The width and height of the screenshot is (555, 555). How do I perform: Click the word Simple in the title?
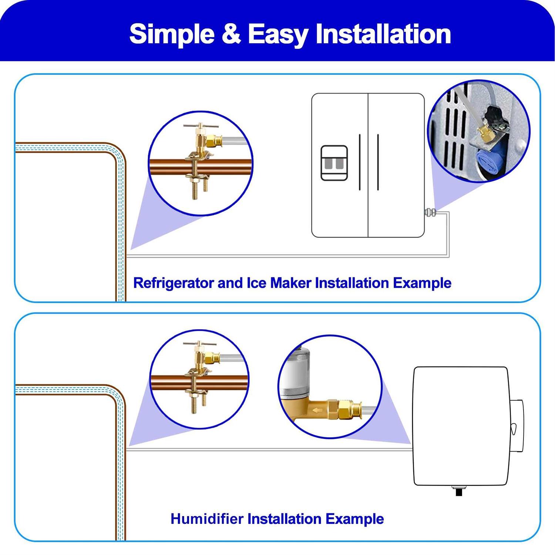[x=172, y=34]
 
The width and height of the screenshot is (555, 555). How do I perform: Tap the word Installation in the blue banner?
[x=383, y=34]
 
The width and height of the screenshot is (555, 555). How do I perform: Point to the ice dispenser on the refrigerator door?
[x=334, y=163]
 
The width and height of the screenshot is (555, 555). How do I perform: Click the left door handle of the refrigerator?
[x=360, y=162]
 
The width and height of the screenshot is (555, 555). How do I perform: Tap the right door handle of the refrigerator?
[x=378, y=162]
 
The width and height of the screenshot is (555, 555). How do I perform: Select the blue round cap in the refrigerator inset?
[x=487, y=161]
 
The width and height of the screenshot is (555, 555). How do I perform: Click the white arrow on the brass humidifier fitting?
[x=317, y=410]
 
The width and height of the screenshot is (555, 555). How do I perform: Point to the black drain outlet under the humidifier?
[x=459, y=491]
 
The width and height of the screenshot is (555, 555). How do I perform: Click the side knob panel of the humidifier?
[x=517, y=426]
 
